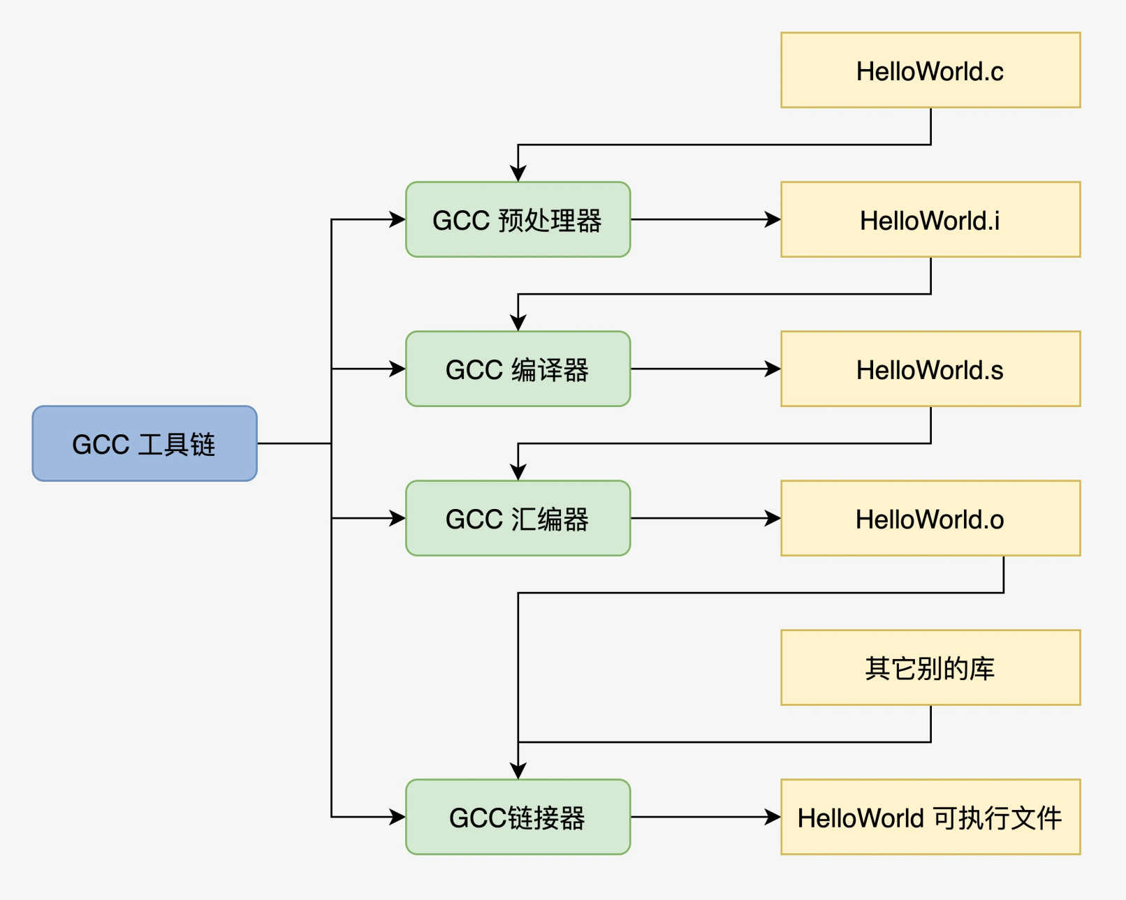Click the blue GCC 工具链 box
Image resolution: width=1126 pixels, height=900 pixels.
click(145, 443)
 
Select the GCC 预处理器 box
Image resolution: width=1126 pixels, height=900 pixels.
click(518, 219)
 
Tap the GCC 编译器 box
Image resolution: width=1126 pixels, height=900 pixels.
click(518, 369)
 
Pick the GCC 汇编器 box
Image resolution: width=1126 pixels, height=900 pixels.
click(518, 518)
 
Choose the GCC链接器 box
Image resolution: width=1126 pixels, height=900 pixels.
click(518, 817)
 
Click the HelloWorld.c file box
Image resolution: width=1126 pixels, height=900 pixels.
click(930, 70)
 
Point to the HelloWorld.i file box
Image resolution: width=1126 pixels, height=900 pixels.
click(930, 219)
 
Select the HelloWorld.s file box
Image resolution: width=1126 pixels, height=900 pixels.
click(930, 369)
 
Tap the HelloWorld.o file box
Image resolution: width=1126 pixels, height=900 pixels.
click(930, 518)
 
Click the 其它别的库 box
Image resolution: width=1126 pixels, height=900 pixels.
click(930, 667)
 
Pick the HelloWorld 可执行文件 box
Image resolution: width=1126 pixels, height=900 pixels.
click(930, 817)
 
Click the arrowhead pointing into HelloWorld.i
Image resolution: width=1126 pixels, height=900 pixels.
click(773, 219)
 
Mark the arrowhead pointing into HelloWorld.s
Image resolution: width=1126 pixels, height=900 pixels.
click(773, 369)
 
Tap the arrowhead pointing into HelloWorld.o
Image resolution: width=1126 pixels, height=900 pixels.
click(773, 518)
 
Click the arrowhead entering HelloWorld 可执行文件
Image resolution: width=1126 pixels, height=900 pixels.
click(773, 817)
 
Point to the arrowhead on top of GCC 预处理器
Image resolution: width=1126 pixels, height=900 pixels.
click(518, 174)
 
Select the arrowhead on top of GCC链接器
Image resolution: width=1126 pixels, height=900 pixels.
click(518, 772)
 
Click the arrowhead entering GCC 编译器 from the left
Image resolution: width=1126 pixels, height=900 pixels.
click(398, 369)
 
